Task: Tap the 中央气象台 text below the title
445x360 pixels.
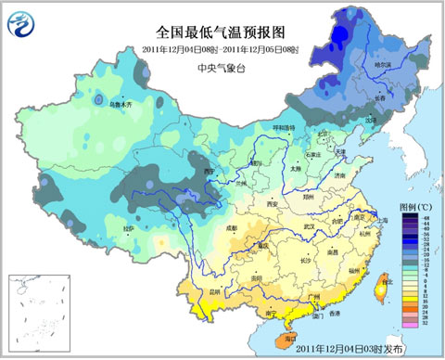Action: (222, 69)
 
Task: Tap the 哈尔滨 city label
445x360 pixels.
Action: (382, 65)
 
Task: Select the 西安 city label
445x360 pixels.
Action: (272, 203)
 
